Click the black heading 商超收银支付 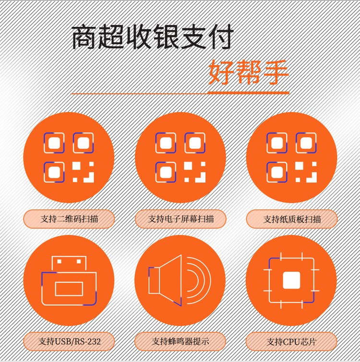click(x=153, y=37)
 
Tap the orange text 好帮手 click(x=249, y=73)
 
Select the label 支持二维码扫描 click(x=69, y=219)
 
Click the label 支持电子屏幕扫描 click(x=180, y=219)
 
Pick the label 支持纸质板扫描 click(x=292, y=219)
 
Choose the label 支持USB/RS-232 click(x=69, y=341)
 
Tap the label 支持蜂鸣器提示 click(x=180, y=341)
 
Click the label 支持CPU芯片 click(x=291, y=342)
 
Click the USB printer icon click(x=69, y=280)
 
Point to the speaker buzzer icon click(x=180, y=280)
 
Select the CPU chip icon click(x=291, y=280)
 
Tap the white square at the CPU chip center click(x=292, y=280)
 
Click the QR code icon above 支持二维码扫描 click(x=69, y=158)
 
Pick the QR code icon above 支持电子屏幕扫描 click(x=180, y=158)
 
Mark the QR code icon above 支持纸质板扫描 click(x=292, y=158)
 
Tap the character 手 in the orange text click(x=276, y=73)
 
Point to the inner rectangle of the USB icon click(x=69, y=289)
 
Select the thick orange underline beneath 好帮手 click(x=248, y=93)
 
